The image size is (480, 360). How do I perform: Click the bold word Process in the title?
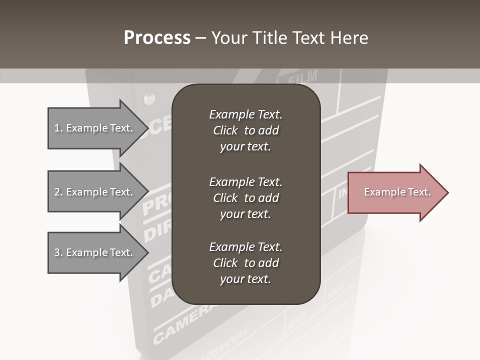157,37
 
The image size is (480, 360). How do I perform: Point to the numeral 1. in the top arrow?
58,128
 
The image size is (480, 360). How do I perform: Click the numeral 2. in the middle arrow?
58,192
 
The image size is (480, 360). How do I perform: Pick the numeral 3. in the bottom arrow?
58,252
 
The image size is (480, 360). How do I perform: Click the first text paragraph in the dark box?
245,130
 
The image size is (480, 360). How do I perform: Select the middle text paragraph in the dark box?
245,198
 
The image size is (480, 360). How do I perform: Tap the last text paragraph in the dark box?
245,263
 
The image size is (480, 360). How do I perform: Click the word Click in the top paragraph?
225,130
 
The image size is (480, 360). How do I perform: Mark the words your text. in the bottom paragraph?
245,279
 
